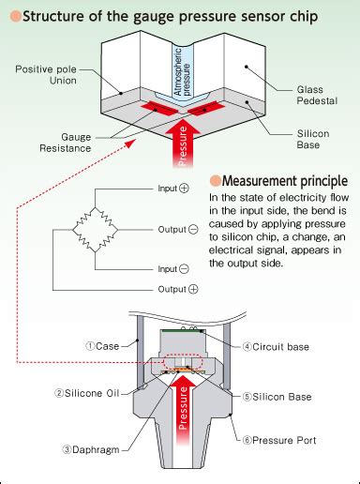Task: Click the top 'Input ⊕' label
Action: click(x=179, y=189)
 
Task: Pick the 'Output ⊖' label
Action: click(x=176, y=229)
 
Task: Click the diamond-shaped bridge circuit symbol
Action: click(x=91, y=229)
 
